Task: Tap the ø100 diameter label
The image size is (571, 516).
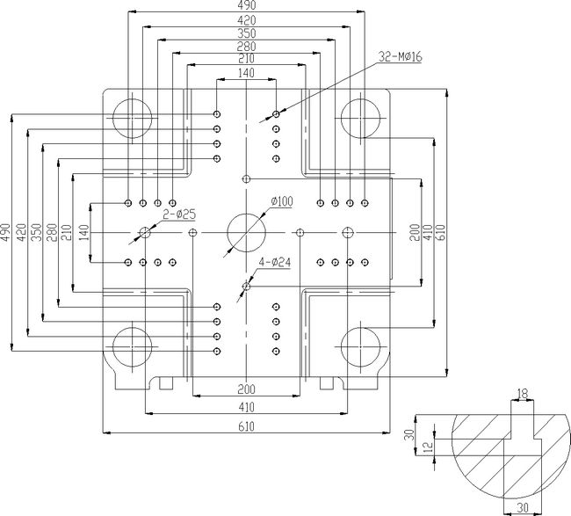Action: click(280, 201)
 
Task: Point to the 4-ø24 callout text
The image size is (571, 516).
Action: click(275, 262)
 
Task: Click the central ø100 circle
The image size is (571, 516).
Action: click(246, 232)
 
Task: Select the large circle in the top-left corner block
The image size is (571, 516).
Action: click(132, 118)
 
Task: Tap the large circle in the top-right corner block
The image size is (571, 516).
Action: click(361, 118)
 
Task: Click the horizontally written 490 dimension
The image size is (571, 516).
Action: click(246, 5)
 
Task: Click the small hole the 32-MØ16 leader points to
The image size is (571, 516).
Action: click(277, 114)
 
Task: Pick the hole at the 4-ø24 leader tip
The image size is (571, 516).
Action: click(247, 286)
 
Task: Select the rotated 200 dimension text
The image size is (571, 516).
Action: click(414, 232)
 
